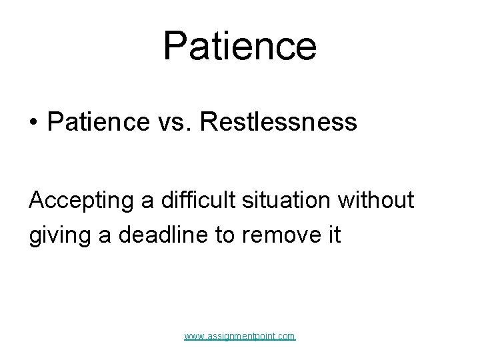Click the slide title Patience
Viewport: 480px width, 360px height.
(x=239, y=46)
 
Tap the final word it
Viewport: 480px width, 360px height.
(x=335, y=235)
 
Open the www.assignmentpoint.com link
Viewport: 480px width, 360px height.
(x=239, y=337)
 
